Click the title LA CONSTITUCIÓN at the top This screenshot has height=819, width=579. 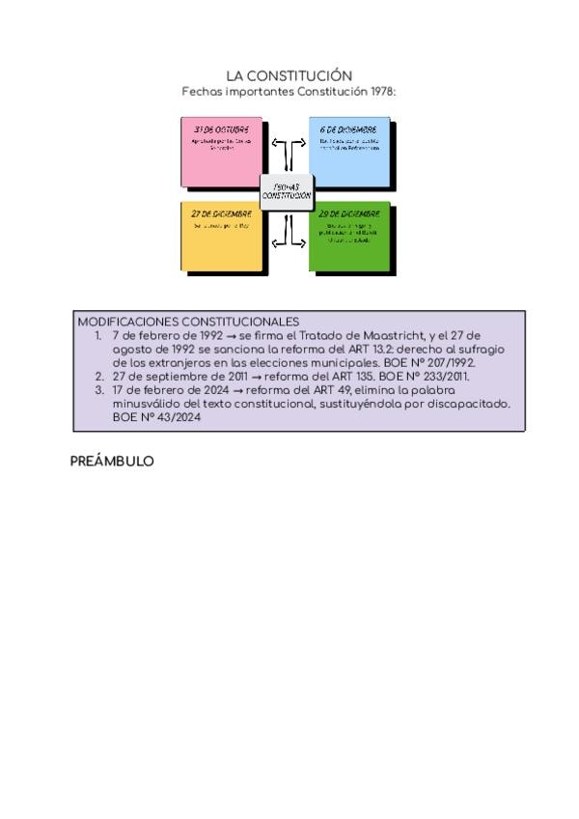(289, 75)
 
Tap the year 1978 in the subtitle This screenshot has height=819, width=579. (380, 92)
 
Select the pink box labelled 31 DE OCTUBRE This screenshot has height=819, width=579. (221, 154)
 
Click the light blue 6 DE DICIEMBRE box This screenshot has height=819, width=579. (349, 154)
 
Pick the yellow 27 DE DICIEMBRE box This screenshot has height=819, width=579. (221, 237)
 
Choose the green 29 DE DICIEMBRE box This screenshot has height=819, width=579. (349, 237)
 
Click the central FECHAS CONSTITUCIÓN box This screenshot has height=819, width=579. (287, 192)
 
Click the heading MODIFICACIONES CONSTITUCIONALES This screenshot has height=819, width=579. (188, 322)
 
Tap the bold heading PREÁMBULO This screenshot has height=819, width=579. (112, 462)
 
